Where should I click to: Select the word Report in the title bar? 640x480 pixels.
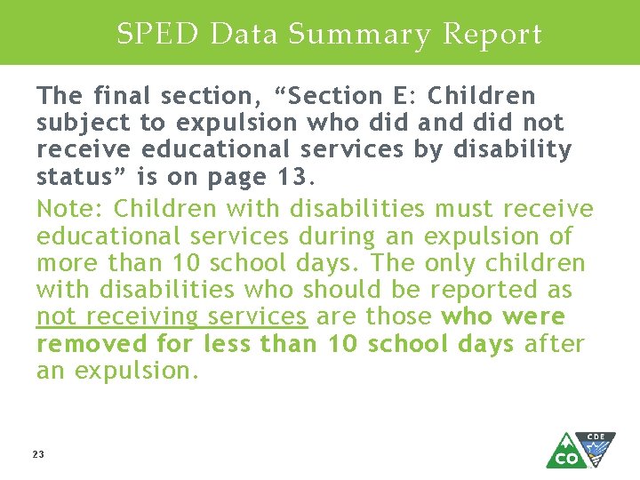492,34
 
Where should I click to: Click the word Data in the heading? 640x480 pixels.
244,34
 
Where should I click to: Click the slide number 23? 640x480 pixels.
38,454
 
